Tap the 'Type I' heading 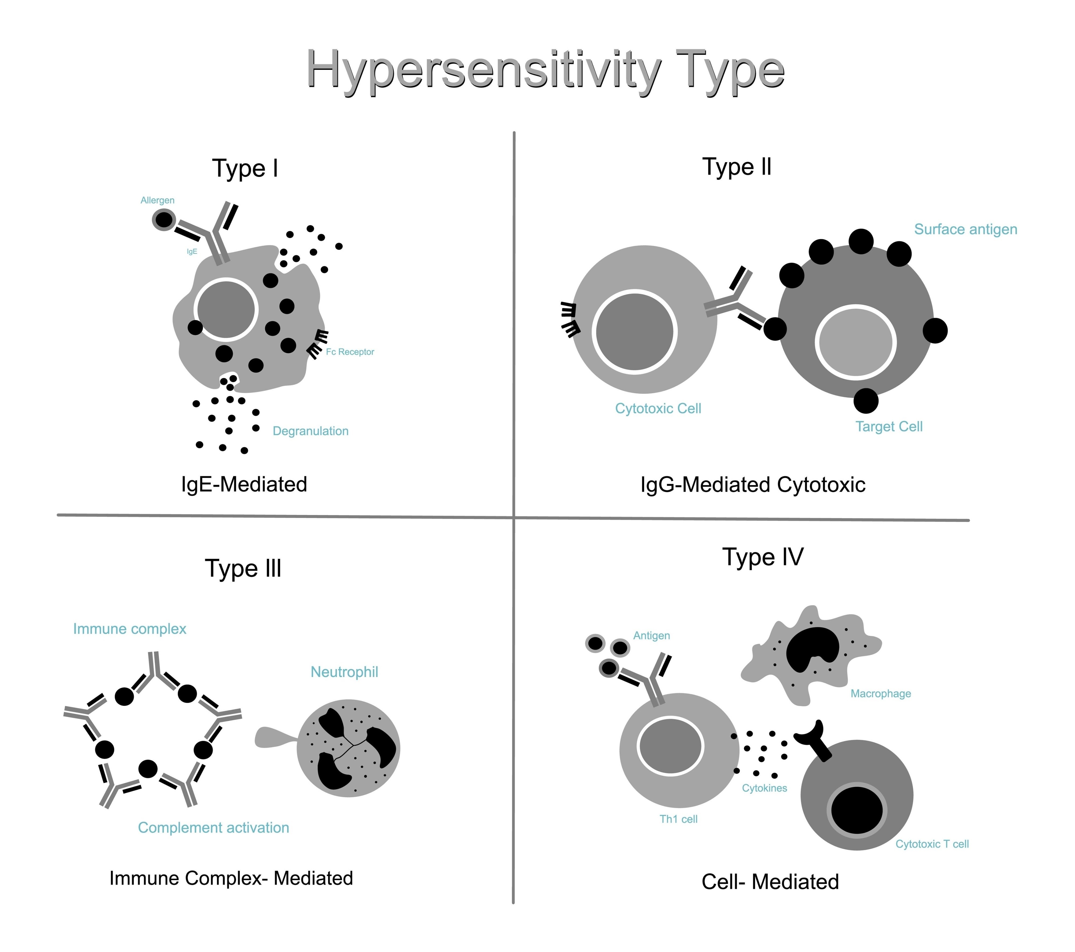click(245, 168)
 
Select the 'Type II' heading click(737, 167)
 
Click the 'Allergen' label click(157, 201)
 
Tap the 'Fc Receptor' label click(350, 352)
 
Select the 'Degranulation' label click(310, 431)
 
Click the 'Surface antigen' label click(966, 229)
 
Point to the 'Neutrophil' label click(344, 672)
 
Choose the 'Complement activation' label click(213, 828)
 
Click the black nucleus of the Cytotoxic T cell click(857, 811)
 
